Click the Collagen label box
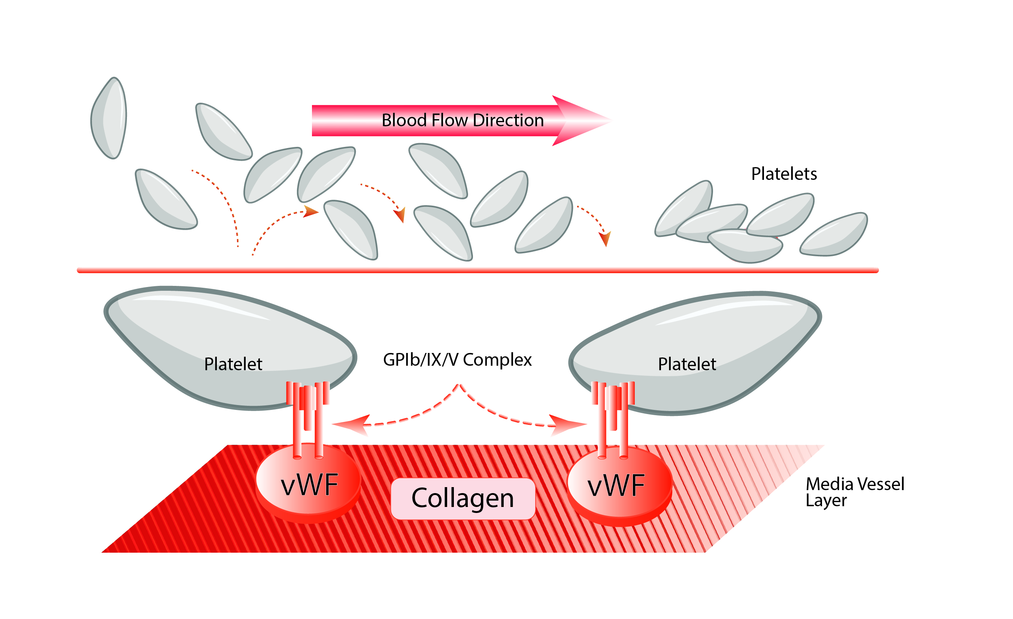(462, 498)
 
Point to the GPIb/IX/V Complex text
(457, 359)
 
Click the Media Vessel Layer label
(854, 492)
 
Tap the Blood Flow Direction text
(462, 120)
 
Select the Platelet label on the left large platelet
(233, 364)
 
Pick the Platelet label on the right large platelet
(686, 364)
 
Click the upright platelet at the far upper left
(109, 118)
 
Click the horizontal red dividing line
(477, 270)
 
